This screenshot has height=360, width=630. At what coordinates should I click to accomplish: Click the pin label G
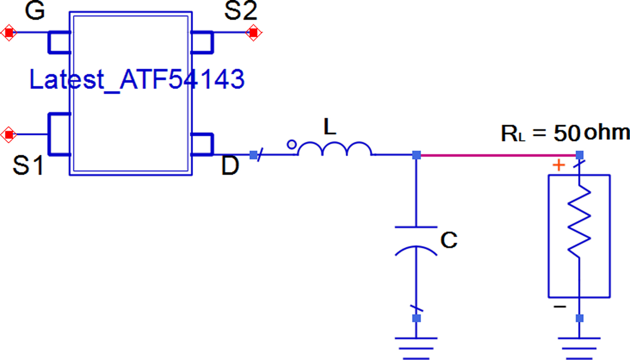tap(35, 12)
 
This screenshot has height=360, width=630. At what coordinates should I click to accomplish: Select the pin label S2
tap(240, 12)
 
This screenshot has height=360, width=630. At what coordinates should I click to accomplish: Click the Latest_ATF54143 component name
tap(137, 80)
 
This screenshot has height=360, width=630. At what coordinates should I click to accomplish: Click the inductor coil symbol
tap(334, 150)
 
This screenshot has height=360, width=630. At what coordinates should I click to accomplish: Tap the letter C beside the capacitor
tap(449, 241)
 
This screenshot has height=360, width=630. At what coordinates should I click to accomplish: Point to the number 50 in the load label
tap(567, 134)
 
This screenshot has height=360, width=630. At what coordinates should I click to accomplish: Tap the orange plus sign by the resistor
tap(558, 166)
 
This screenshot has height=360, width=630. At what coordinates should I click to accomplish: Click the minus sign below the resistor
tap(559, 307)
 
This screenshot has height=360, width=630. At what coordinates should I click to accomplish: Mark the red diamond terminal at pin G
tap(9, 33)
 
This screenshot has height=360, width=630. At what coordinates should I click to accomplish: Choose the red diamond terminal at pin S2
tap(253, 33)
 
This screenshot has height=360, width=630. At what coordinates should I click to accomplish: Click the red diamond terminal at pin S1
tap(8, 134)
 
